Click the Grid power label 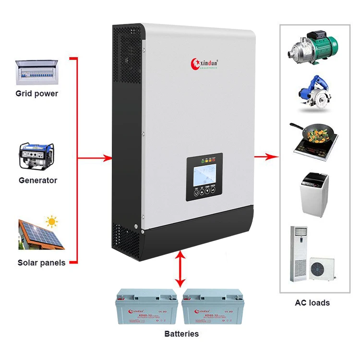click(x=36, y=94)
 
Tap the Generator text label click(x=37, y=180)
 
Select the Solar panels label click(x=41, y=263)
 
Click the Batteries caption click(x=181, y=334)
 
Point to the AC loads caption click(x=312, y=302)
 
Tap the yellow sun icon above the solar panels click(x=51, y=222)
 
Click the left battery click(x=145, y=308)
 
